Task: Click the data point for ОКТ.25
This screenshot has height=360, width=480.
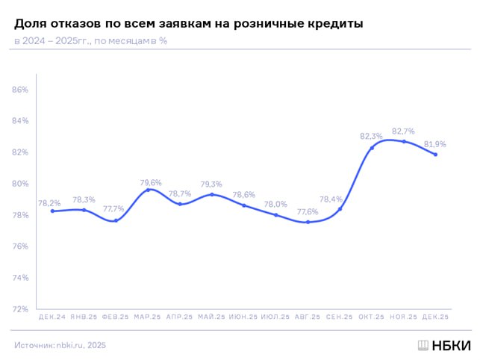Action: point(372,148)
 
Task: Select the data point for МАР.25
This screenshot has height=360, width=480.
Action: point(149,190)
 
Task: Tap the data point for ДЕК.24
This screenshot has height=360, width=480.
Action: point(52,211)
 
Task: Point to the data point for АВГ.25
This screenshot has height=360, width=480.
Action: point(308,222)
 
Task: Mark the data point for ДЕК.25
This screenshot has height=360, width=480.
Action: point(435,155)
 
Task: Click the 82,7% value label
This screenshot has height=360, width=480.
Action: point(403,131)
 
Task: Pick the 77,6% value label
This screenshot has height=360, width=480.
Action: point(308,211)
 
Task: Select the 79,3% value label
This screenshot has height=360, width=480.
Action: point(212,184)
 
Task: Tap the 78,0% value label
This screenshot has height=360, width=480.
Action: point(275,204)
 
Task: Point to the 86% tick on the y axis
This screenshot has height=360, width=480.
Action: point(20,90)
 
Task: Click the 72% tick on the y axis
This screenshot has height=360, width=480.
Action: point(20,309)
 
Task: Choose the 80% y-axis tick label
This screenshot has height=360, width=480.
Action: point(20,184)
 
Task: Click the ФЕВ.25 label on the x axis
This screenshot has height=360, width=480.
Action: point(116,317)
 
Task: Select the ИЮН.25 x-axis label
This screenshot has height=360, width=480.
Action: point(243,317)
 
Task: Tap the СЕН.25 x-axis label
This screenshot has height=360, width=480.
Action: point(339,317)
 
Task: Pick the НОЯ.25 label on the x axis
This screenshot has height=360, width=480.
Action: point(403,317)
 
